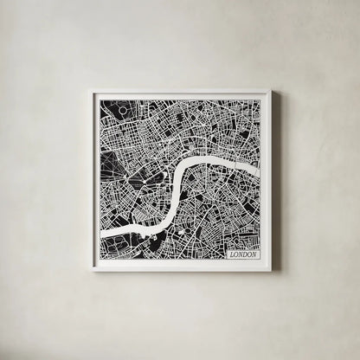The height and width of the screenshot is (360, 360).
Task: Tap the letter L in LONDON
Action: [x=228, y=255]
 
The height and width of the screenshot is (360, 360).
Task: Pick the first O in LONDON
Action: [x=234, y=255]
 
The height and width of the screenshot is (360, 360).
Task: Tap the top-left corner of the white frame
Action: [x=89, y=89]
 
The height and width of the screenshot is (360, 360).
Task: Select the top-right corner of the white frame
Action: [x=272, y=89]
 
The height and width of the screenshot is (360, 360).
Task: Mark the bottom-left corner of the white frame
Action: [x=89, y=271]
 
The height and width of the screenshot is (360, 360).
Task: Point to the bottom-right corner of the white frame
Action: [x=272, y=271]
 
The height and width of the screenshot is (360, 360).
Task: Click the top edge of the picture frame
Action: [x=180, y=92]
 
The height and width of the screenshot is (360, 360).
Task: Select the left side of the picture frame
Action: [x=92, y=180]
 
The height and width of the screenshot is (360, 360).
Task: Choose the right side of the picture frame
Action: [x=269, y=180]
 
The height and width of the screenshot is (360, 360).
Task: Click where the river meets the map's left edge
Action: [x=101, y=234]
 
